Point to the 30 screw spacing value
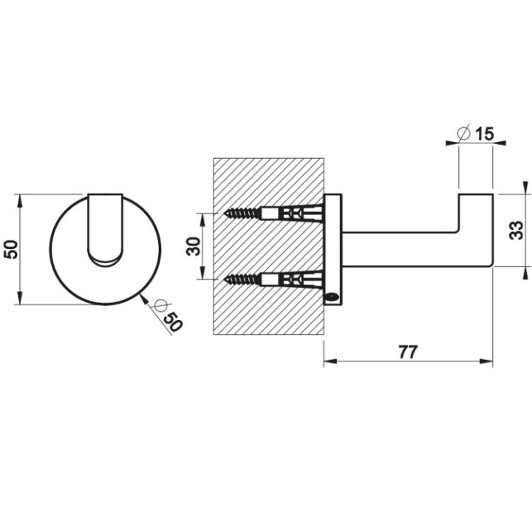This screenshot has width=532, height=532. pyautogui.click(x=194, y=246)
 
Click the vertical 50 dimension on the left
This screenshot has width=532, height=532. pyautogui.click(x=11, y=249)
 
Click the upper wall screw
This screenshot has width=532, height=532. pyautogui.click(x=243, y=214)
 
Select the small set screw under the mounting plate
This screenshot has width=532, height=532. pyautogui.click(x=332, y=298)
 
